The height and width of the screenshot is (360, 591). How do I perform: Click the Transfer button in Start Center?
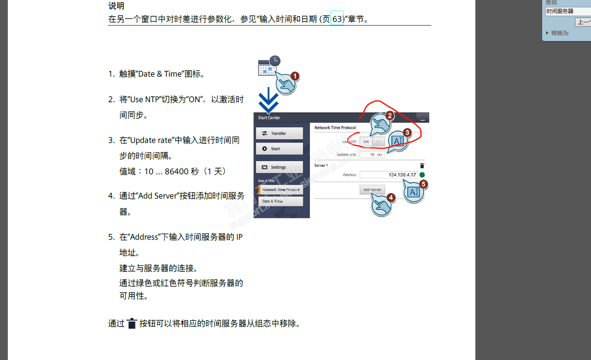[279, 133]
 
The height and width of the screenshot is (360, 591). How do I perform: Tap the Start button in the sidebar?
[279, 149]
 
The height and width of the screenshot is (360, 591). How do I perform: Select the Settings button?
[279, 167]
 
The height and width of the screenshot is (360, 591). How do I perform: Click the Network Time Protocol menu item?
[281, 190]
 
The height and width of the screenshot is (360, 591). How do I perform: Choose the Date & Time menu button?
[281, 201]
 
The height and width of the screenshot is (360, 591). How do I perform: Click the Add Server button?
[372, 190]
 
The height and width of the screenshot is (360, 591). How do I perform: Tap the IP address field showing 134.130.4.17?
[389, 175]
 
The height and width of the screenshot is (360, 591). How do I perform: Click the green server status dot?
[422, 175]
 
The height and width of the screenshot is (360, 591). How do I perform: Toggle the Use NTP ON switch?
[372, 142]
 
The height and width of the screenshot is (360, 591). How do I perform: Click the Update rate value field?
[372, 154]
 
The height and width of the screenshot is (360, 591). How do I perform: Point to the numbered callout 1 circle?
[295, 76]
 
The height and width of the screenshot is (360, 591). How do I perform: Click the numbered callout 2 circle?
[389, 116]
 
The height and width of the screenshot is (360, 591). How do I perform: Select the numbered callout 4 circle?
[391, 198]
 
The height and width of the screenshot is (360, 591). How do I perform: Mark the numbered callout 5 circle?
[423, 184]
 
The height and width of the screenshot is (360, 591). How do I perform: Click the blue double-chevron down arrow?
[268, 101]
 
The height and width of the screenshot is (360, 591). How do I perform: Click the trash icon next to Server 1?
[422, 166]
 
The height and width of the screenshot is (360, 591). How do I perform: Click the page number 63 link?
[337, 19]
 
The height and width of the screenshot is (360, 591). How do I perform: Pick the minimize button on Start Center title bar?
[422, 118]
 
